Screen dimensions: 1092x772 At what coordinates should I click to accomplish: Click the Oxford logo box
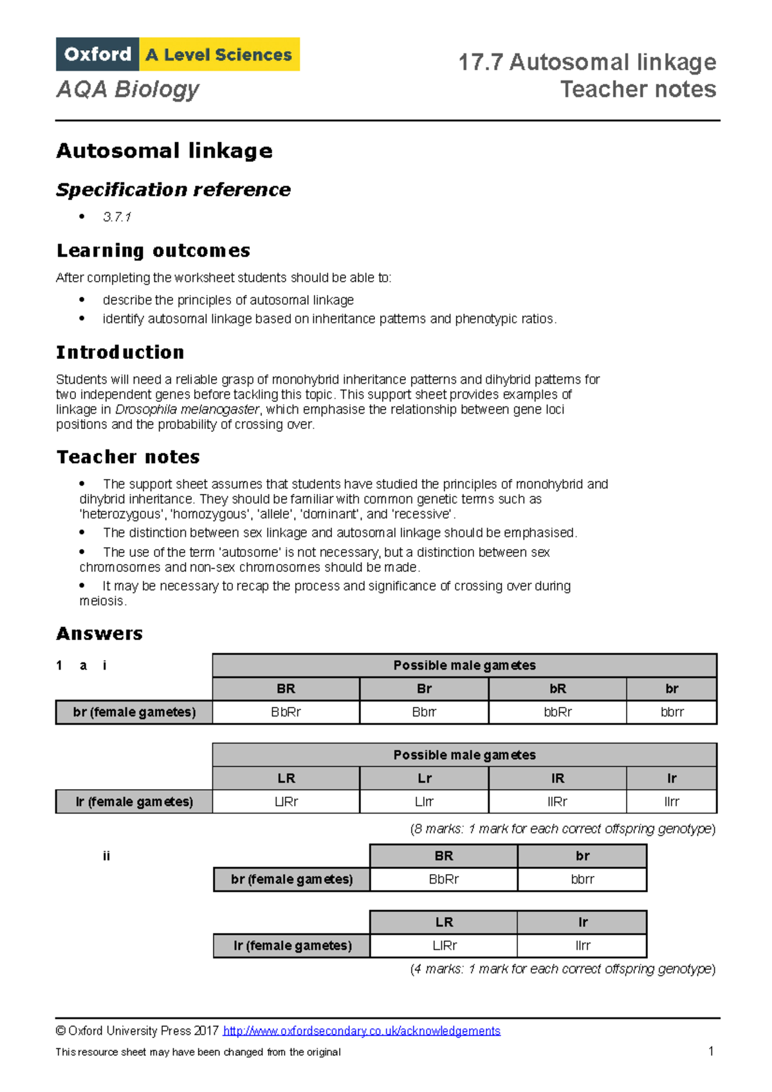click(97, 54)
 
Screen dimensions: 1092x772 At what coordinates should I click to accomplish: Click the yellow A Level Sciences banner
click(219, 54)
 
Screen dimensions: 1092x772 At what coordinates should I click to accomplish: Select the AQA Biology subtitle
click(127, 89)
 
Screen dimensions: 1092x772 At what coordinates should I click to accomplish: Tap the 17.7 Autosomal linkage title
click(587, 62)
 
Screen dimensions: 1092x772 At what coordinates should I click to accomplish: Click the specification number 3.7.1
click(116, 217)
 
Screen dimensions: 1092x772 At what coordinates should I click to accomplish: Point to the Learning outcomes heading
click(153, 250)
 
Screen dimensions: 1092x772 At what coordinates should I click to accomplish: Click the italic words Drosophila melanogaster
click(187, 410)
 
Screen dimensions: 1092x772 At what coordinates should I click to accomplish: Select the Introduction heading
click(120, 352)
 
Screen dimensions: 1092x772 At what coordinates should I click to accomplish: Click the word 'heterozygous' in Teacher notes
click(120, 514)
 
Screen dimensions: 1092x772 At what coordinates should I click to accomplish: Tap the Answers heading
click(99, 633)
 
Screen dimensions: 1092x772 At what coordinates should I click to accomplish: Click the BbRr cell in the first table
click(286, 712)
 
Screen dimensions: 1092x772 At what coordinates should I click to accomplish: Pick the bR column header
click(557, 689)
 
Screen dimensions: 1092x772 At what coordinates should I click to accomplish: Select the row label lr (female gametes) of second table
click(134, 801)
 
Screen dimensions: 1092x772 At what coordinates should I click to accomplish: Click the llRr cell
click(557, 801)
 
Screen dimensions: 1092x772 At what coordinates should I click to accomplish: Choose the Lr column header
click(424, 778)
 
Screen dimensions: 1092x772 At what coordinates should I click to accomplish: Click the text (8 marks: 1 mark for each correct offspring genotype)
click(562, 829)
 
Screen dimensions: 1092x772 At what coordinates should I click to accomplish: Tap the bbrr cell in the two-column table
click(582, 879)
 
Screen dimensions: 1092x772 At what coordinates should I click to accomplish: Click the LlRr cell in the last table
click(444, 945)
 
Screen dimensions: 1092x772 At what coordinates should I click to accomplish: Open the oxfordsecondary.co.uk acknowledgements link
click(361, 1031)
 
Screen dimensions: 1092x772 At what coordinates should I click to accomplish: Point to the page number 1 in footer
click(711, 1051)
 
